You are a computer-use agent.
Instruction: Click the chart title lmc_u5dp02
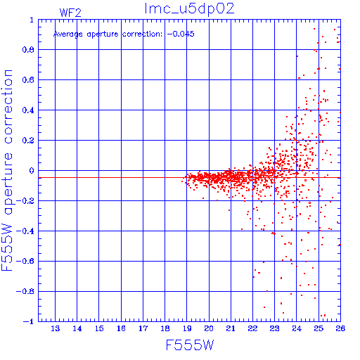click(x=189, y=9)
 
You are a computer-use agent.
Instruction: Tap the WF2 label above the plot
click(x=70, y=13)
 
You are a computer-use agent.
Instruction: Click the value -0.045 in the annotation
click(x=181, y=34)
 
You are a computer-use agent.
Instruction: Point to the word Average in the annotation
click(x=68, y=34)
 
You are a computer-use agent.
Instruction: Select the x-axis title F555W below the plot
click(x=190, y=345)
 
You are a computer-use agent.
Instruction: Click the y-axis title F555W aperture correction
click(x=7, y=170)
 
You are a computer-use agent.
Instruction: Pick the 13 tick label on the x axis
click(x=56, y=328)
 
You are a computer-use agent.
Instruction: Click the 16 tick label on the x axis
click(x=121, y=328)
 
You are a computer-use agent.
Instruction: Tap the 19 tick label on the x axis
click(x=187, y=328)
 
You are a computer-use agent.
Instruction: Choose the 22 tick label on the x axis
click(x=252, y=328)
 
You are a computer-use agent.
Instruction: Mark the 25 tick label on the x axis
click(x=319, y=328)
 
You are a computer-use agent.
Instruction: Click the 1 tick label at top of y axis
click(x=32, y=20)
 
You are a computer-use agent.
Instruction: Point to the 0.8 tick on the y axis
click(x=28, y=50)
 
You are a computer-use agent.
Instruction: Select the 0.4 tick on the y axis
click(x=28, y=110)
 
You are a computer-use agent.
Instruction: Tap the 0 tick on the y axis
click(x=32, y=171)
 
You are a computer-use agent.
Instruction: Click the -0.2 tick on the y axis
click(x=25, y=201)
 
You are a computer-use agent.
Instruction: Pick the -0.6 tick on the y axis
click(x=25, y=261)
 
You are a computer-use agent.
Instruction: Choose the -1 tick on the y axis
click(x=29, y=321)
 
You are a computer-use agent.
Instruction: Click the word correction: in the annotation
click(x=142, y=34)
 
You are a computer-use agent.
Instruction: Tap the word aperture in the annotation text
click(x=103, y=34)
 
